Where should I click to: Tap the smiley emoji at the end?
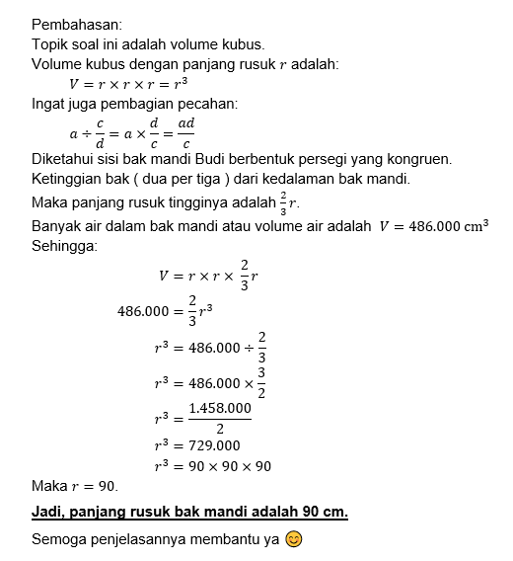pos(293,539)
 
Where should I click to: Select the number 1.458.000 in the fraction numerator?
pos(219,407)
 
